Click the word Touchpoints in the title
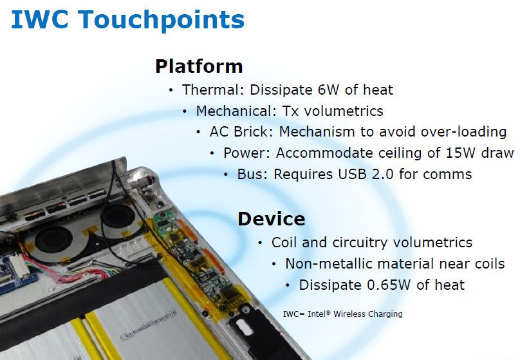[162, 21]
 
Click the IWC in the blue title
[40, 19]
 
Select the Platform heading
[199, 66]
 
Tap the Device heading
[272, 219]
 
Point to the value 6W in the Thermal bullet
[328, 90]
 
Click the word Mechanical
[236, 111]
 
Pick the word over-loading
[463, 132]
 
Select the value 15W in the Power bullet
[461, 153]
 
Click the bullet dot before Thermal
[171, 90]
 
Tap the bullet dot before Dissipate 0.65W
[288, 285]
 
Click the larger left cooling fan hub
[53, 238]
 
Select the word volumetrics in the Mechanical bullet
[344, 111]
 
